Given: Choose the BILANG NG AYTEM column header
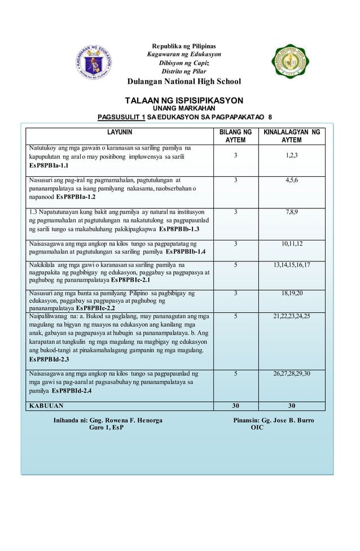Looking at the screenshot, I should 235,135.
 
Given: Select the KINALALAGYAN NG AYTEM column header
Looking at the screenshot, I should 291,135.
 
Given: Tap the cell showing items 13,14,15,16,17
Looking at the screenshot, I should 291,264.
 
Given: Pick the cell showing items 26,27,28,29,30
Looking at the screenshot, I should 291,374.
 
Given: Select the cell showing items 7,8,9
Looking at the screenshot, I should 291,212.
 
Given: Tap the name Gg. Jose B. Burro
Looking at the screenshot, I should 287,421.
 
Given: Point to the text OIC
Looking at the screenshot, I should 257,428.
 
